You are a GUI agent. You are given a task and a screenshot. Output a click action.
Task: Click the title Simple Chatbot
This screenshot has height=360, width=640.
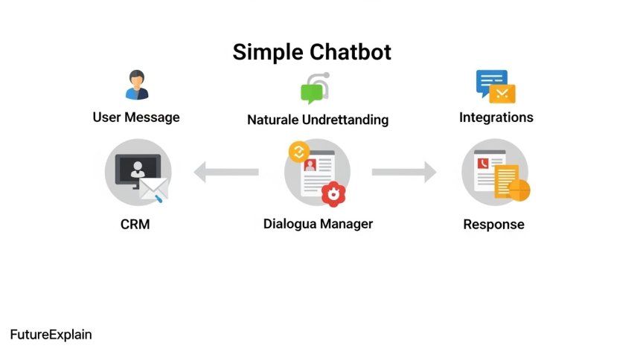pos(311,52)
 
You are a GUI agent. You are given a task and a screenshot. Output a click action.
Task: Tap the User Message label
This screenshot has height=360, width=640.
pos(136,118)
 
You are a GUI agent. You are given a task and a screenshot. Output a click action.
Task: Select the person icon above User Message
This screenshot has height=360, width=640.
pos(137,84)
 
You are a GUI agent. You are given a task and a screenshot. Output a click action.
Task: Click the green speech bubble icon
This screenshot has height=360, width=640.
pos(313,92)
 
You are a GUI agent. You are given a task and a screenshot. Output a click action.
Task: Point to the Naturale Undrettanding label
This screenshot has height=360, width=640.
pos(318,120)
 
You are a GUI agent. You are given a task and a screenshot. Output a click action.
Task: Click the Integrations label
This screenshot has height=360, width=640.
pos(496,118)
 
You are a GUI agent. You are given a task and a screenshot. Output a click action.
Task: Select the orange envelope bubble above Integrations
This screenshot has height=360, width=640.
pos(504,93)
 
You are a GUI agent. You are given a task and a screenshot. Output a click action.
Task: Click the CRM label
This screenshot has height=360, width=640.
pos(135,224)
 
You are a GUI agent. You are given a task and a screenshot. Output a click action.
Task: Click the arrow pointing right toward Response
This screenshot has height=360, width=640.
pos(404,173)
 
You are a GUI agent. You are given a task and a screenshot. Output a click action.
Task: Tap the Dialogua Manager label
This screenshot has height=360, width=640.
pos(318,224)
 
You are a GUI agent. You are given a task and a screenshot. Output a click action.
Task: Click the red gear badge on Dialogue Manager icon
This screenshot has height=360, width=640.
pos(335,193)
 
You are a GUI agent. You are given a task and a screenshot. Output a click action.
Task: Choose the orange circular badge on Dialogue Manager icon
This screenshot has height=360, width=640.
pos(298,152)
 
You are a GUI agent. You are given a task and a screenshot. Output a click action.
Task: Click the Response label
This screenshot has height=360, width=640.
pos(493,224)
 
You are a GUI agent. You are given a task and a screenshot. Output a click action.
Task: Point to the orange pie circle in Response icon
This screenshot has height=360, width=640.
pos(519,190)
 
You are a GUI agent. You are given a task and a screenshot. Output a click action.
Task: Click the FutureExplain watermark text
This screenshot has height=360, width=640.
pos(51,335)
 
